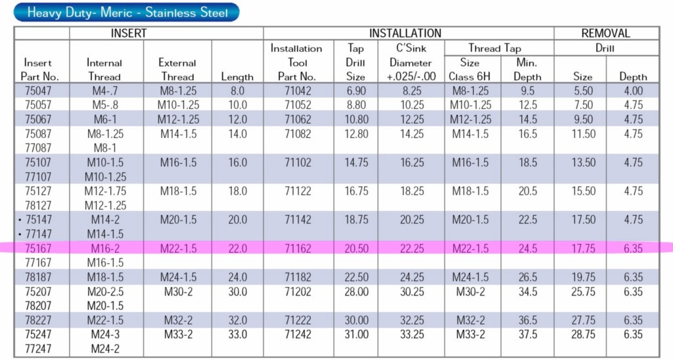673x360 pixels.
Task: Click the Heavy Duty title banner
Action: point(128,12)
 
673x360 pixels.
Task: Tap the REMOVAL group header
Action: point(605,33)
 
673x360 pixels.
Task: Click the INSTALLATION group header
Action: point(405,33)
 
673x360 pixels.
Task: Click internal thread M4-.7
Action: point(105,91)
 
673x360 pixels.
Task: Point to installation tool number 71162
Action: point(296,248)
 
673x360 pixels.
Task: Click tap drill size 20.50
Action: point(356,248)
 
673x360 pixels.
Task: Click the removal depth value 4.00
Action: point(632,91)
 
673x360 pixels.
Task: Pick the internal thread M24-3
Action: point(105,334)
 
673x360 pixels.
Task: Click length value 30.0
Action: point(237,291)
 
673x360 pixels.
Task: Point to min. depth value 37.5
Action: point(527,334)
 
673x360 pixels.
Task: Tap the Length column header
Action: point(237,76)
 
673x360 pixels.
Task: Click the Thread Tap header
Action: point(499,48)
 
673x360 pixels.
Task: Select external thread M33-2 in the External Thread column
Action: point(177,334)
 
